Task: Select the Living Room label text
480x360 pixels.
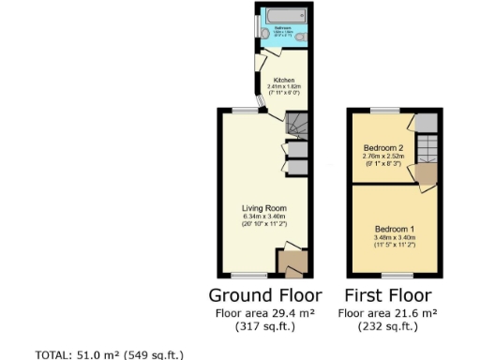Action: point(263,208)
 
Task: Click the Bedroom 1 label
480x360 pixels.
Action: point(395,229)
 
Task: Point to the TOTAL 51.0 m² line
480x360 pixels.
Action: point(109,354)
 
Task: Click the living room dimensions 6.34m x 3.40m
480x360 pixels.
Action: point(263,217)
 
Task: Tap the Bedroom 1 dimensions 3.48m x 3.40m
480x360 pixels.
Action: point(395,238)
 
